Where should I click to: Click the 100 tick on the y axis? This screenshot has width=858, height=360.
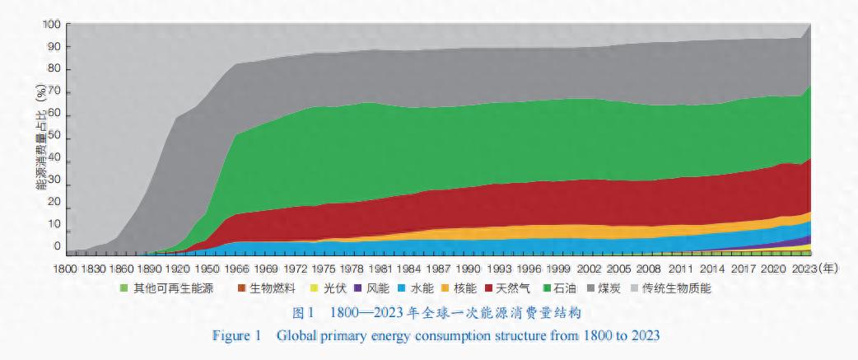coord(52,25)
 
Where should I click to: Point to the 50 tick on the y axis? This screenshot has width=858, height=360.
coord(54,135)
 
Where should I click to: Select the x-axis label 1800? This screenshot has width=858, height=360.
coord(67,269)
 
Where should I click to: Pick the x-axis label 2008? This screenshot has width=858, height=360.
coord(650,269)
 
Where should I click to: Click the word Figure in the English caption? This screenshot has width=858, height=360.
coord(236,336)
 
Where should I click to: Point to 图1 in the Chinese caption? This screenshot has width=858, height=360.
coord(305,314)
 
